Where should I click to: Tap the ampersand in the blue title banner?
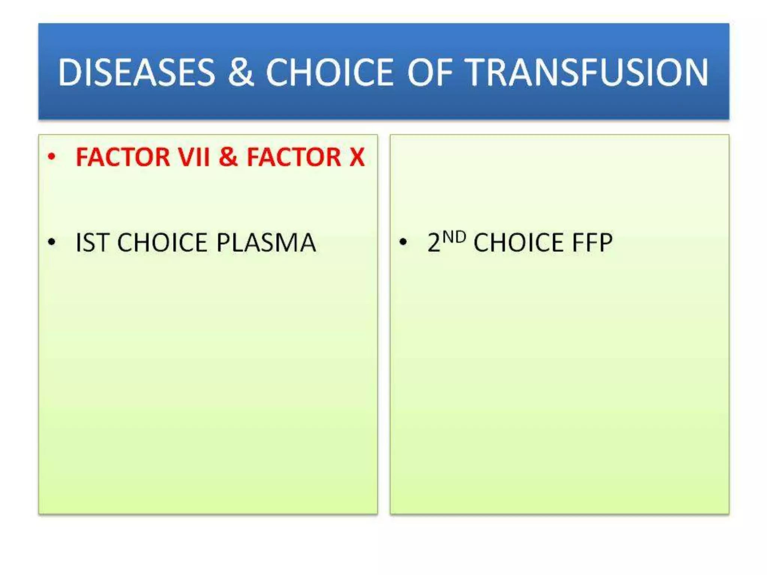[240, 72]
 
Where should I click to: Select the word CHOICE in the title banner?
[330, 72]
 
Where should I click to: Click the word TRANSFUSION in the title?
[588, 72]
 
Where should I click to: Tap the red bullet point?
[52, 156]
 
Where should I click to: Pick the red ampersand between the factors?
[228, 157]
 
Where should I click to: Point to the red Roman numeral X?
[357, 157]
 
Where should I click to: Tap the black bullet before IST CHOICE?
[52, 243]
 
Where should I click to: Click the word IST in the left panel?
[93, 243]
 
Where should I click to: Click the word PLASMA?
[266, 243]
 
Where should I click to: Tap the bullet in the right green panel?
[403, 242]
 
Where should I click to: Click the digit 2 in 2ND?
[434, 243]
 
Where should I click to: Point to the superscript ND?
[454, 237]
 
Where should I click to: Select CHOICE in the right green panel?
[519, 243]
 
